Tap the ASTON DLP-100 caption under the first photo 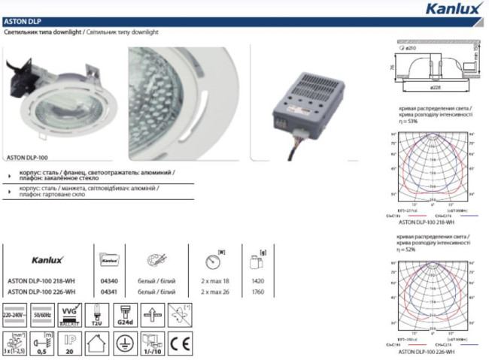(x=27, y=159)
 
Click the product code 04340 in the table (x=108, y=280)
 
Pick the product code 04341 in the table (x=108, y=291)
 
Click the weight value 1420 (x=257, y=280)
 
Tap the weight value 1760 (x=257, y=291)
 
